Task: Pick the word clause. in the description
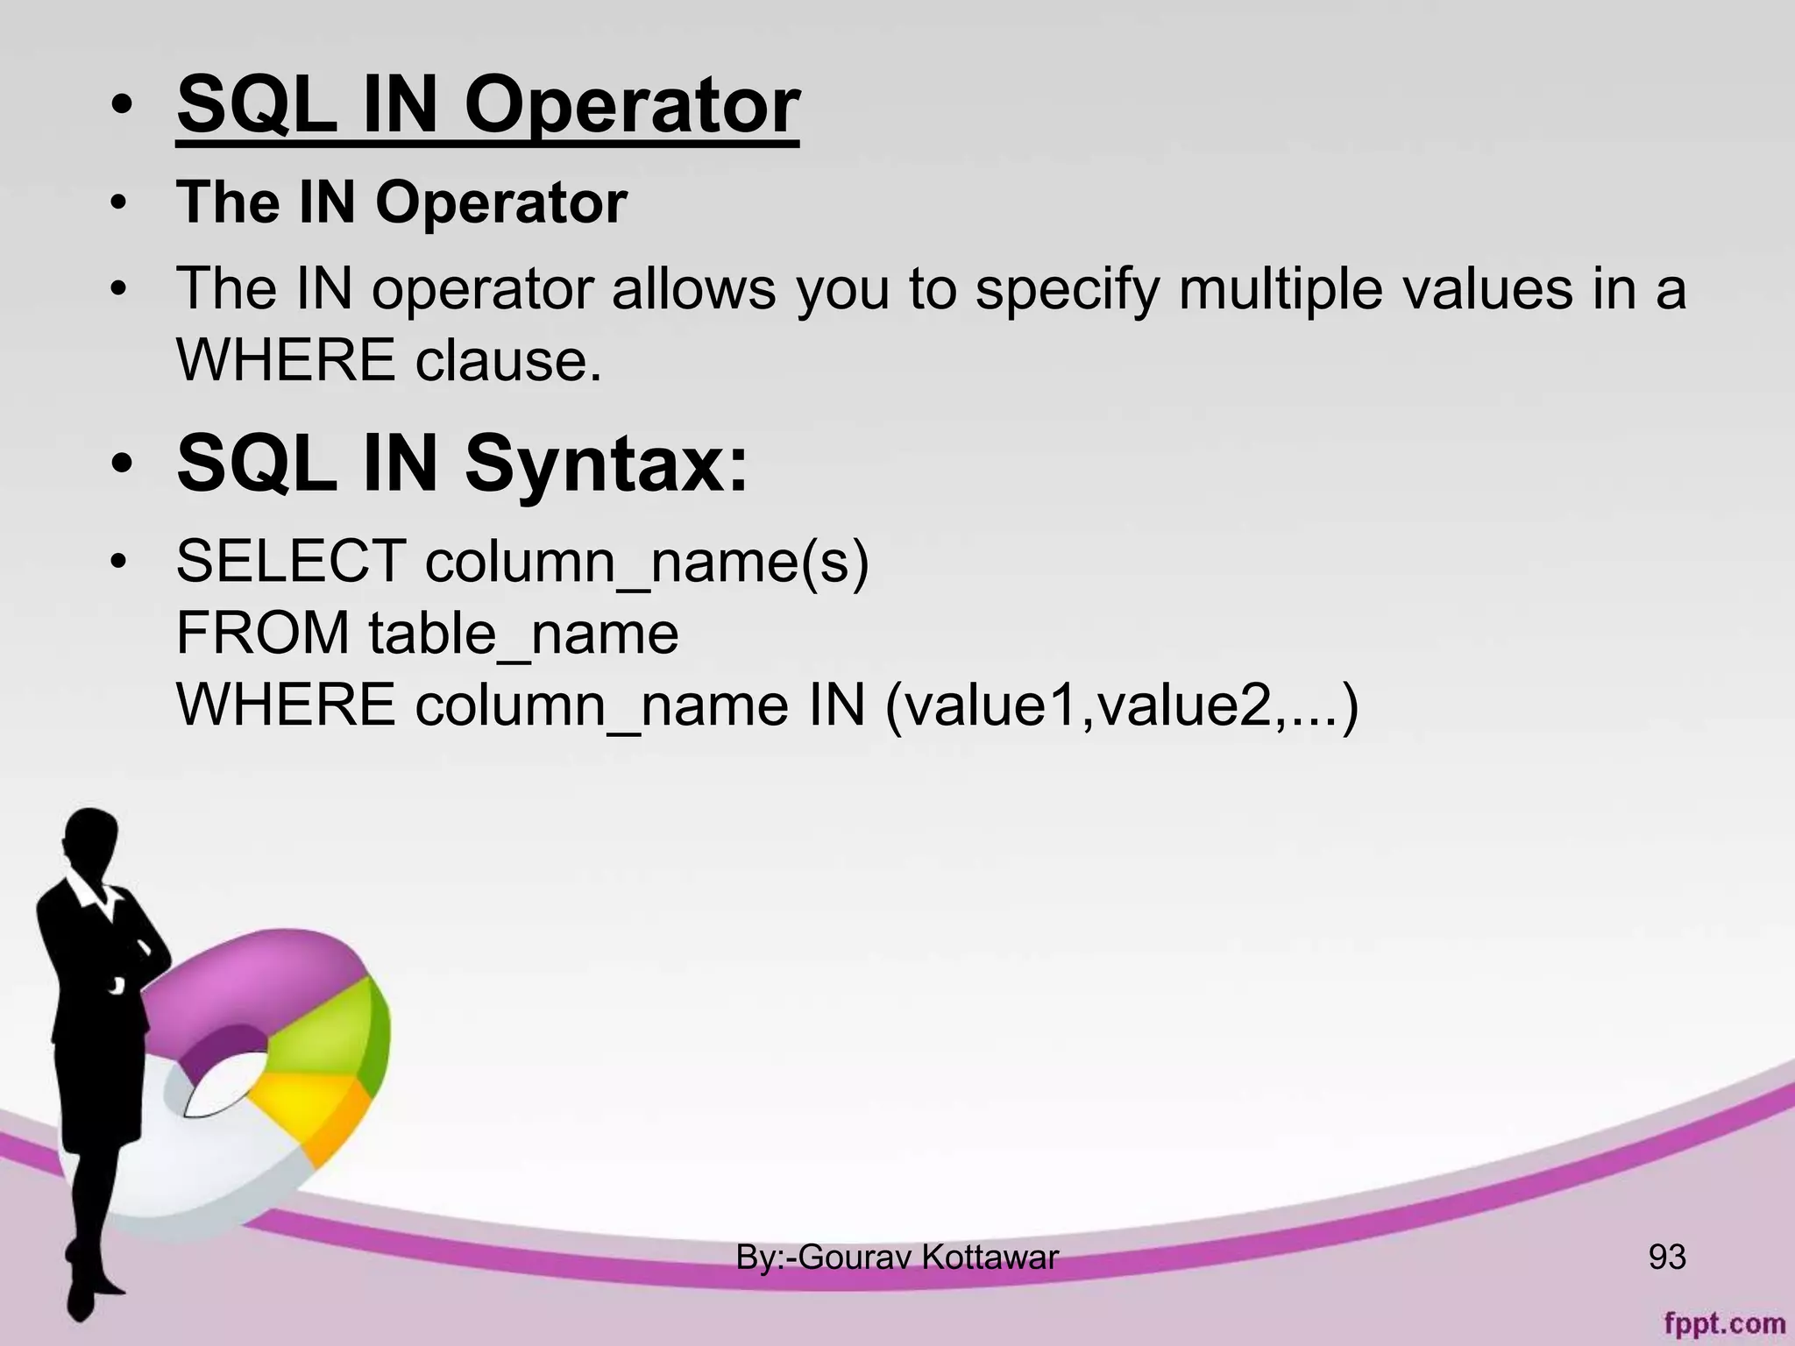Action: (x=508, y=359)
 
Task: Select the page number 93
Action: (x=1666, y=1257)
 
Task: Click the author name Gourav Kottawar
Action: (x=928, y=1257)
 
